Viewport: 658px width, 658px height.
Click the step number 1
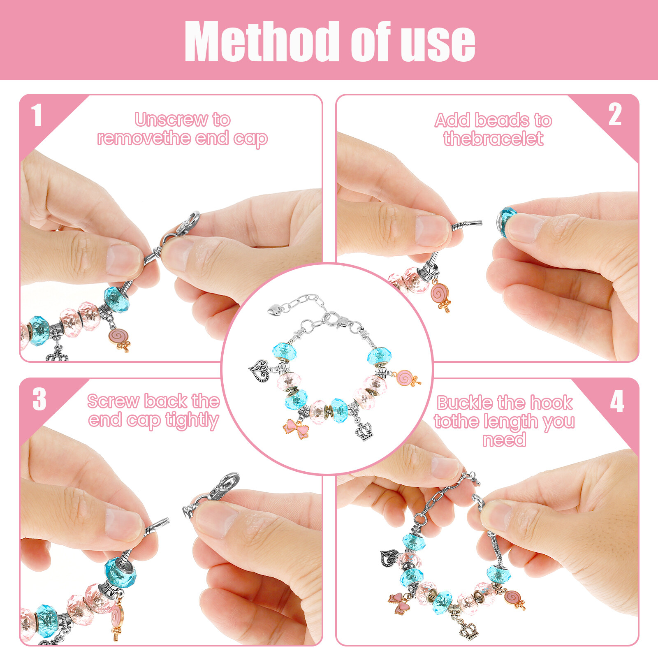[x=37, y=115]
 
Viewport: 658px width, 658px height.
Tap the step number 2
[x=615, y=115]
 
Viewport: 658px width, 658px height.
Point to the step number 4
[x=617, y=401]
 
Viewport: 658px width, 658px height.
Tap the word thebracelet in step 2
[x=493, y=139]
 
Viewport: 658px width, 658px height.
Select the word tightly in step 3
[x=192, y=420]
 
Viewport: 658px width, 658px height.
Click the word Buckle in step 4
[x=463, y=403]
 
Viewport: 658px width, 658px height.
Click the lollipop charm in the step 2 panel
[x=440, y=295]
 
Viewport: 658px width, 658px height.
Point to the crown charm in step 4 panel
[x=469, y=630]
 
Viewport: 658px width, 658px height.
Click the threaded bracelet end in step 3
[x=160, y=524]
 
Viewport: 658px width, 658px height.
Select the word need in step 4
[x=504, y=440]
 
